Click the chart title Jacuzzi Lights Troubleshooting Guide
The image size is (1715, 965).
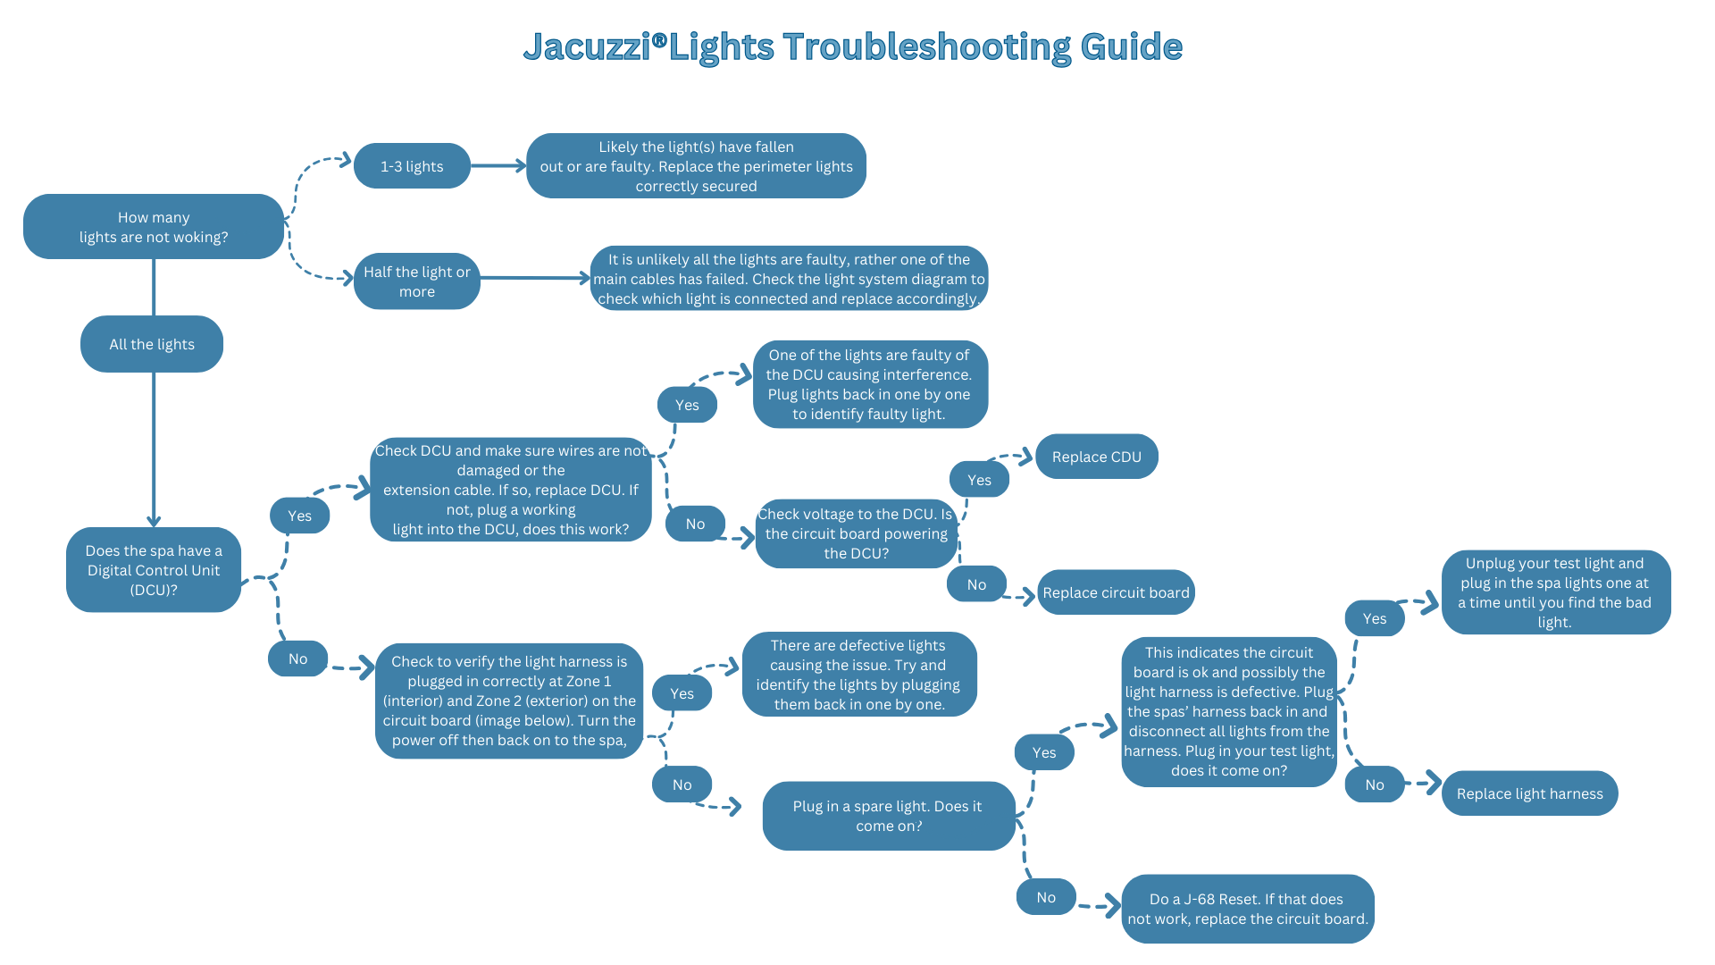click(852, 46)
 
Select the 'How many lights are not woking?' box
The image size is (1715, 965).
click(154, 227)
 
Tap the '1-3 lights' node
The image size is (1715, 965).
click(412, 166)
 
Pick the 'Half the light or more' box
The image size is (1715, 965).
click(417, 281)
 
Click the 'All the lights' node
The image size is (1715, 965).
click(152, 344)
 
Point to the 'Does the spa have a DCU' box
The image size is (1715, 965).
click(154, 570)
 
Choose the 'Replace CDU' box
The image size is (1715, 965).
click(1097, 457)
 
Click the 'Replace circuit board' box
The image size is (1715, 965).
click(1116, 592)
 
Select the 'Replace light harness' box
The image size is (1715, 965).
click(1529, 793)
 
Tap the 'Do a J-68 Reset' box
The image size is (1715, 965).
click(1248, 909)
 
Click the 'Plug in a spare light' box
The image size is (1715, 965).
click(889, 816)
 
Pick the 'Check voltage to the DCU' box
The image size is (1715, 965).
click(857, 533)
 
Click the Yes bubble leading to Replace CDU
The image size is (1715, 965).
click(979, 480)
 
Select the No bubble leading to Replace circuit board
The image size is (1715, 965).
click(977, 584)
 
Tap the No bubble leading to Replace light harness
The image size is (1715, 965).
click(1375, 785)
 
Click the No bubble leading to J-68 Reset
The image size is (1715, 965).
click(1046, 897)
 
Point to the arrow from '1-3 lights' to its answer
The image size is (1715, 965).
click(498, 165)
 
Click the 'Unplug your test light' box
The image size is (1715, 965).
click(1556, 592)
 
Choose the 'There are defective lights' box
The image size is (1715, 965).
click(859, 675)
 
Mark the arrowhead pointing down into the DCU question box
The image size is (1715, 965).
click(154, 522)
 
